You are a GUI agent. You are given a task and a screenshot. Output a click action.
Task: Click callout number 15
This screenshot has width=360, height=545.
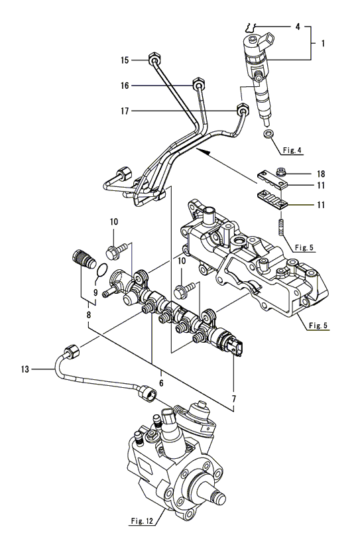125,60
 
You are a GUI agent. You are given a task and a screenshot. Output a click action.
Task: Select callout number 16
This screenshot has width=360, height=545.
125,86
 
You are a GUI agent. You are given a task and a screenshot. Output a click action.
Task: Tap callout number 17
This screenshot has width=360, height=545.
125,111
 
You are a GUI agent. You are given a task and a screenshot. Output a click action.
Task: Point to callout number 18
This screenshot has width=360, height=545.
321,174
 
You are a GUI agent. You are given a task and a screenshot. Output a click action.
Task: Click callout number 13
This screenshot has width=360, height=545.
25,369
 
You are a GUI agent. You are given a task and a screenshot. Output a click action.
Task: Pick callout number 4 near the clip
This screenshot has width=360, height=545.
298,27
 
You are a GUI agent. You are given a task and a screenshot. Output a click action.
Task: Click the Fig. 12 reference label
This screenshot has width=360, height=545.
142,521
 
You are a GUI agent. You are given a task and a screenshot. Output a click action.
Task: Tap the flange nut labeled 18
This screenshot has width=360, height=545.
280,171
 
